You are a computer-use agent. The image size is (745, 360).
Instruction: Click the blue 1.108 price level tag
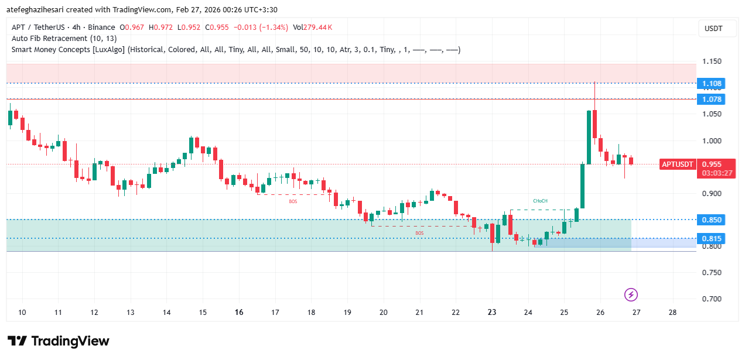712,83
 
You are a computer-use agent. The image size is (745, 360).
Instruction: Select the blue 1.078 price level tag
712,99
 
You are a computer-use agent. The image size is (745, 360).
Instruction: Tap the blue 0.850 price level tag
712,220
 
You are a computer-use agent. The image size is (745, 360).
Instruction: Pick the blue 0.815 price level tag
712,238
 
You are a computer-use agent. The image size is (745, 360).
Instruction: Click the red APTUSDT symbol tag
678,164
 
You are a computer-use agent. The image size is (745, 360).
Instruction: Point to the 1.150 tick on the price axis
712,61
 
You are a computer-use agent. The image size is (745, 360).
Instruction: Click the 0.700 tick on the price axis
712,299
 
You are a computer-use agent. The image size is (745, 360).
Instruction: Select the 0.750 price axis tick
712,273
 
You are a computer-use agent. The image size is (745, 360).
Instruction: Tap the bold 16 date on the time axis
238,313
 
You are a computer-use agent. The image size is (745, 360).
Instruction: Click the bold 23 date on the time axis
492,313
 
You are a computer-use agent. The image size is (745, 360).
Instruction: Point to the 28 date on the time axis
672,313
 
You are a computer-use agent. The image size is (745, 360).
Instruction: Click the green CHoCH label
540,201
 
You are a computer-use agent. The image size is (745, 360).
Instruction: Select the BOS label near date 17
293,201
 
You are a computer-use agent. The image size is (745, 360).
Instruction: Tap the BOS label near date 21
419,233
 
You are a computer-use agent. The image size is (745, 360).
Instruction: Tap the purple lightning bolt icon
631,294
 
